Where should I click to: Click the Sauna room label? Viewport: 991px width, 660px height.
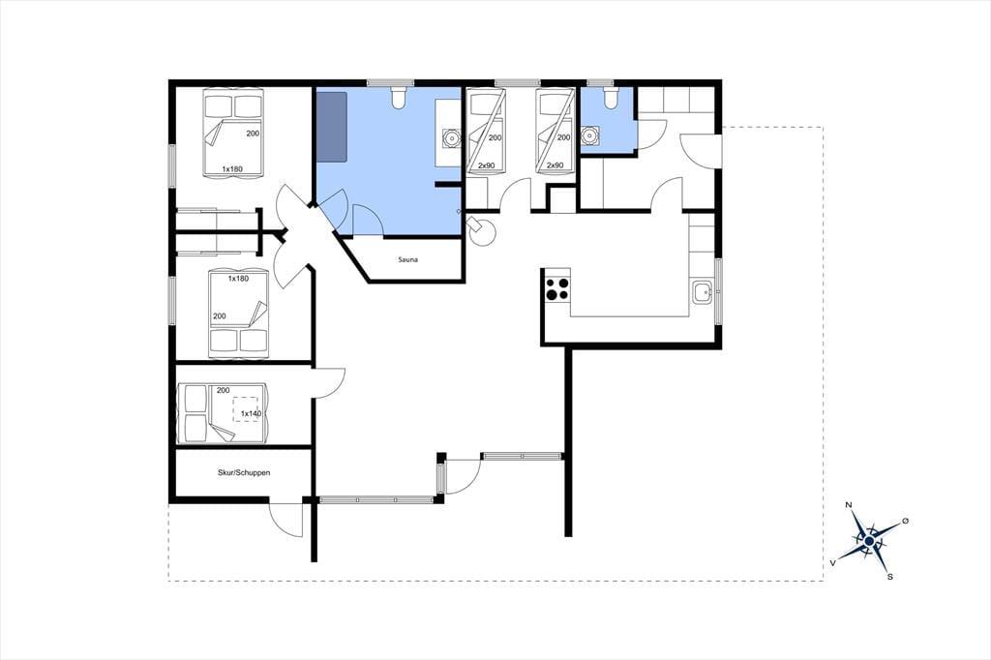click(x=407, y=259)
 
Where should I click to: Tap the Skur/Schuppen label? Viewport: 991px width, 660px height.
click(x=244, y=472)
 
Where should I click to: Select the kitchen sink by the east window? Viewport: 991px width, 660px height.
click(x=702, y=292)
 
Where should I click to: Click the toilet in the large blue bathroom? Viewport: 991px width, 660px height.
click(x=399, y=98)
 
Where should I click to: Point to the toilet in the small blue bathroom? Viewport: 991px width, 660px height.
click(x=610, y=98)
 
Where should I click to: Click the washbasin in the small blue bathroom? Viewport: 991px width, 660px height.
click(x=590, y=135)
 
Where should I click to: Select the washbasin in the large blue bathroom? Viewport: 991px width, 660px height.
click(x=451, y=137)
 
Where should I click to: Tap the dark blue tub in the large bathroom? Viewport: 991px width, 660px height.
click(x=333, y=127)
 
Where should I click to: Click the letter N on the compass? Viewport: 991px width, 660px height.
click(x=849, y=504)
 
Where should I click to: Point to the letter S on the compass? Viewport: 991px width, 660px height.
click(x=890, y=577)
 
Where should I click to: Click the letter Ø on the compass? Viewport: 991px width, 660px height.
click(x=905, y=521)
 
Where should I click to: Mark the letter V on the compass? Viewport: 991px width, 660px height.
click(x=833, y=562)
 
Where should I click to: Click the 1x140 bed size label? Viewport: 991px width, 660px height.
click(x=251, y=414)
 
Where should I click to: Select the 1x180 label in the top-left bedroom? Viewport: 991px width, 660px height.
click(x=232, y=168)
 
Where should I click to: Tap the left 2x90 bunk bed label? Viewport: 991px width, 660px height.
click(x=486, y=165)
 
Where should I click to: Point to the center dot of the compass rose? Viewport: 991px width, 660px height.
click(x=869, y=542)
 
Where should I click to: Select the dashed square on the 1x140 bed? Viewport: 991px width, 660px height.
click(x=245, y=409)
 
